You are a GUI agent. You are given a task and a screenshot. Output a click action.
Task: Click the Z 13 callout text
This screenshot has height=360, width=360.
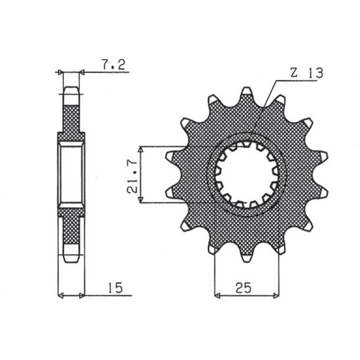(306, 74)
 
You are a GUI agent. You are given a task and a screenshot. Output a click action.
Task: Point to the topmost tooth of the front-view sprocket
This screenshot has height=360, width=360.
(245, 92)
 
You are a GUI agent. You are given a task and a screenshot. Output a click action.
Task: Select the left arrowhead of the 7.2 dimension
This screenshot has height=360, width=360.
(58, 72)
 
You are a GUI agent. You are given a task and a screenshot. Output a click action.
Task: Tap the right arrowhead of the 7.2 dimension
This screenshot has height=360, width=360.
(81, 72)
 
